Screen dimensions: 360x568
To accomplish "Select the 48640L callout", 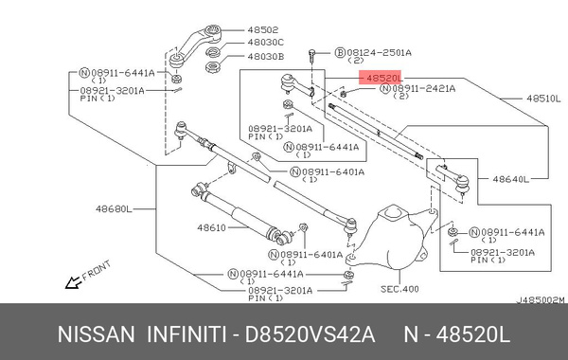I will pyautogui.click(x=507, y=177).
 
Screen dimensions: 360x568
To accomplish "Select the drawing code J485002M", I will pyautogui.click(x=539, y=301).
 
